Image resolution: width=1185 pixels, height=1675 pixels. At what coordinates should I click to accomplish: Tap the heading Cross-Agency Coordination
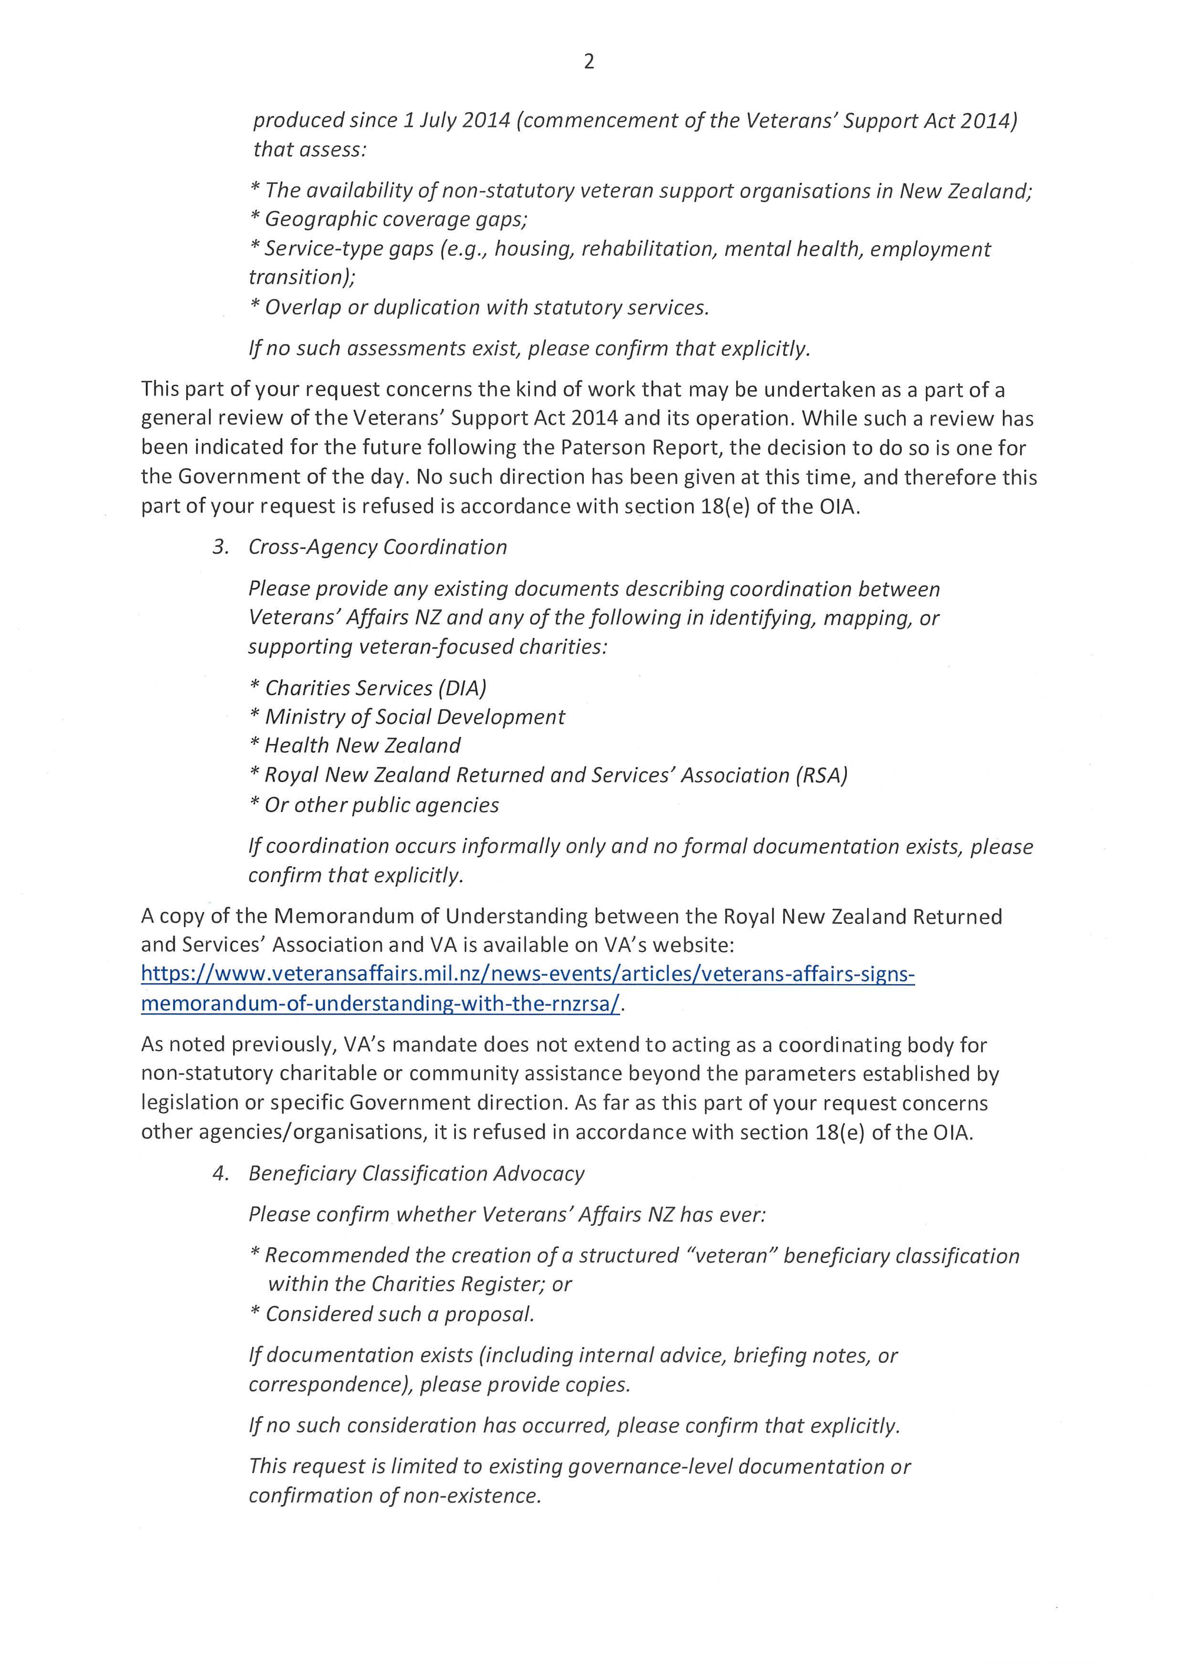coord(377,547)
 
